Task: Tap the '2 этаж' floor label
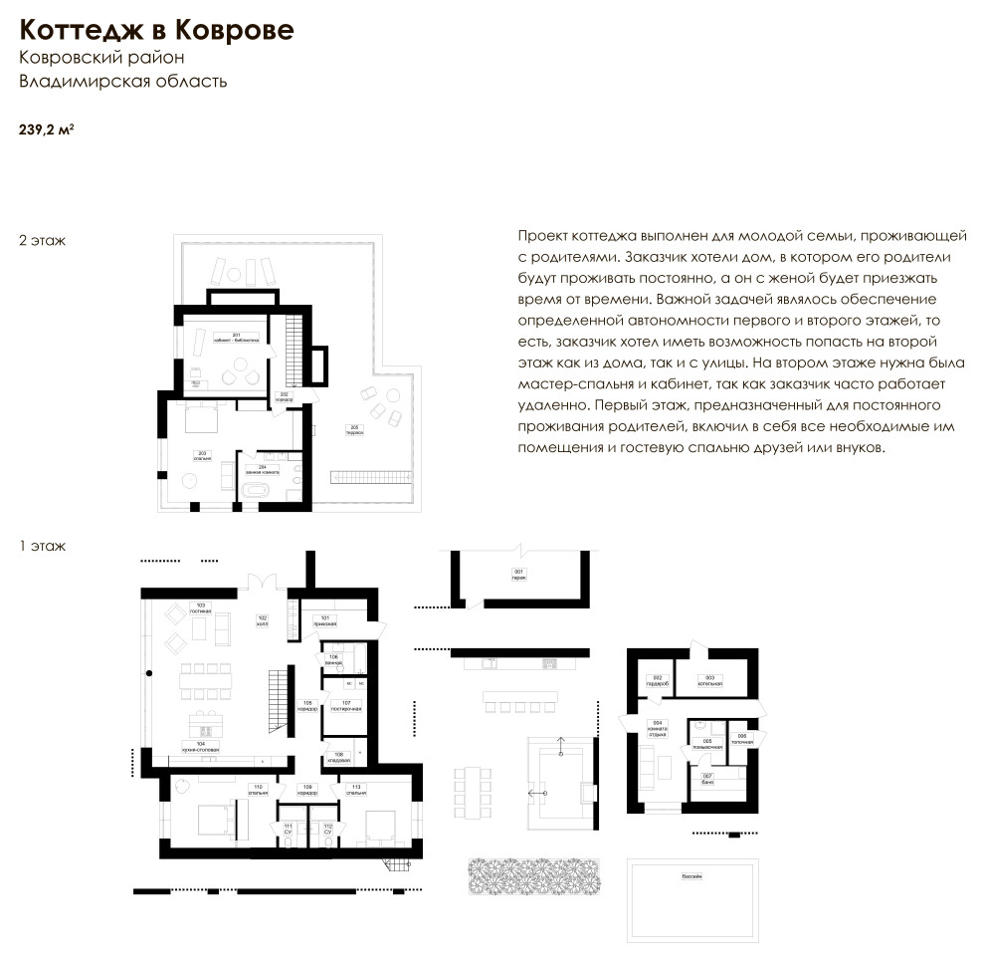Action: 42,241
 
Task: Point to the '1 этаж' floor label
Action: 42,546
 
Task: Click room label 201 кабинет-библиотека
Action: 236,338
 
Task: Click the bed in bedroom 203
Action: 203,419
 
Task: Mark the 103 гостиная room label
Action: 200,607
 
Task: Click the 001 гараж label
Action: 517,574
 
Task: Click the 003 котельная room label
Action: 714,682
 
